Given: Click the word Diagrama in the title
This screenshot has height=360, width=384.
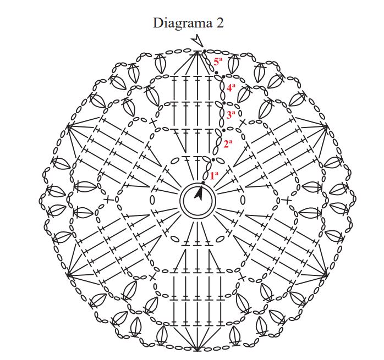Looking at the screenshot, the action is click(179, 23).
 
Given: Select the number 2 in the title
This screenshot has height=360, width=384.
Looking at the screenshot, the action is click(220, 23).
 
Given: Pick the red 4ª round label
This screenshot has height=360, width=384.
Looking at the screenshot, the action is click(231, 87).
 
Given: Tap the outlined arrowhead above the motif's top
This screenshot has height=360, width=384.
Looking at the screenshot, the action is click(196, 40).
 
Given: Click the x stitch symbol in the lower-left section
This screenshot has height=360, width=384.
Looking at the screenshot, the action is click(152, 277).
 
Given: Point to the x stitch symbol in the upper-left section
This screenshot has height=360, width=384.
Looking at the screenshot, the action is click(153, 121).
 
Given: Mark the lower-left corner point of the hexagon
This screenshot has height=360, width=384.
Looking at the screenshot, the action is click(67, 273).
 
